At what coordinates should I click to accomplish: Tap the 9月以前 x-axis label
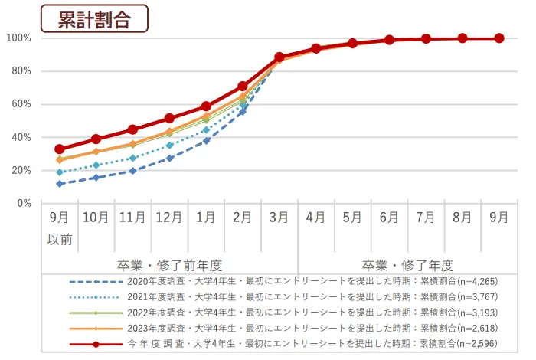click(x=60, y=227)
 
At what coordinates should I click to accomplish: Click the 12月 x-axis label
click(x=169, y=218)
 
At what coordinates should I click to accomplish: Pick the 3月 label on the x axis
click(x=279, y=218)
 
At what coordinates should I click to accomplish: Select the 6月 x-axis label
click(x=389, y=218)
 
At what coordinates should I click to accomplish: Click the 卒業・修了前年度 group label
click(x=169, y=265)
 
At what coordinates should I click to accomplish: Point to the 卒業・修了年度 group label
click(x=407, y=265)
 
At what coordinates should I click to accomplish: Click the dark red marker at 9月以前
click(x=60, y=149)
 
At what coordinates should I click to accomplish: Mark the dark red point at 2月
click(x=243, y=86)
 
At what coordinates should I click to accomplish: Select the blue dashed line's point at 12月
click(x=169, y=159)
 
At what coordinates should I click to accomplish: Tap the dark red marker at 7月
click(x=426, y=38)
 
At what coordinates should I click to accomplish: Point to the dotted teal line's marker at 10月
click(x=96, y=165)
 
